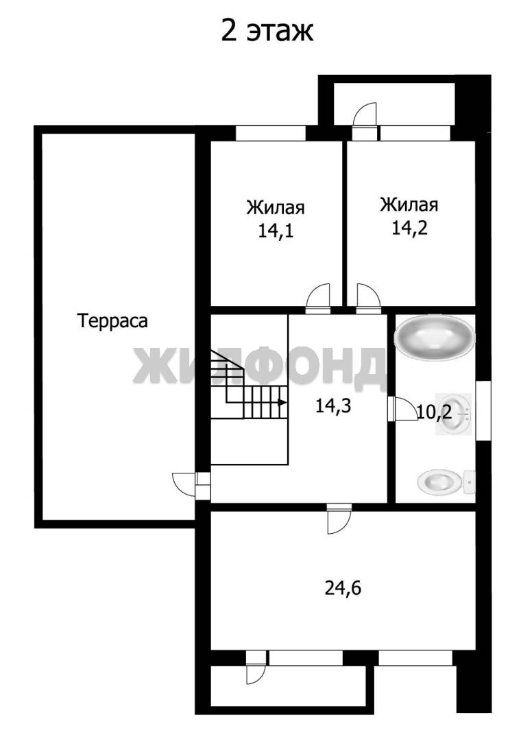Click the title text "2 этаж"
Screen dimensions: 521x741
tap(267, 32)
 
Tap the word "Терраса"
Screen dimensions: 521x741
tap(113, 321)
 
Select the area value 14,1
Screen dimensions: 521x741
tap(276, 231)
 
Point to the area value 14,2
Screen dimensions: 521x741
tap(409, 228)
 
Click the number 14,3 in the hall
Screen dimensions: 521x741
tap(333, 406)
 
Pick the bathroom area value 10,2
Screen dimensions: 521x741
tap(435, 412)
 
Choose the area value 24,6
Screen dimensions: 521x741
tap(343, 588)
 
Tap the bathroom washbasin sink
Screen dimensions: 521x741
tap(455, 414)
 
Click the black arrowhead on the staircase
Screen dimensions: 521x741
tap(282, 403)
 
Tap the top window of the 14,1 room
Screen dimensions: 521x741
tap(271, 133)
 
